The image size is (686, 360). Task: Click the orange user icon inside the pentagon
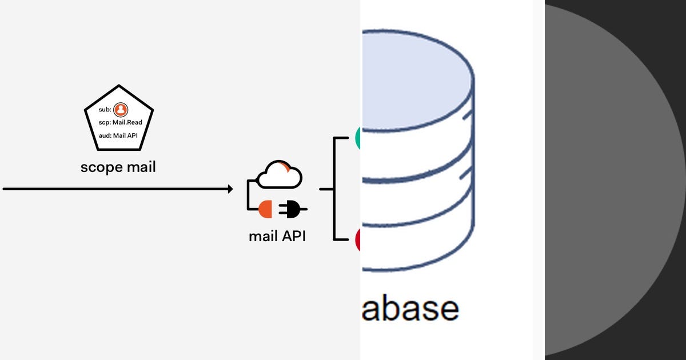(x=121, y=110)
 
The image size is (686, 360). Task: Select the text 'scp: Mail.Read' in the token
(x=120, y=122)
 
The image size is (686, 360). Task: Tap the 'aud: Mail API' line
(x=118, y=135)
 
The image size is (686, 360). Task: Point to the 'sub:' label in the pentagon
(x=105, y=110)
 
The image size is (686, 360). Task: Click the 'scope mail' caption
(x=118, y=167)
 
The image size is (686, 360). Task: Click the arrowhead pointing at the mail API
(x=230, y=189)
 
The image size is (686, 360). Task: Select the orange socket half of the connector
(x=266, y=209)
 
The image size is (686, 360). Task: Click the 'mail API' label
(x=277, y=235)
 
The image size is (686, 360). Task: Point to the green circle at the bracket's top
(x=358, y=138)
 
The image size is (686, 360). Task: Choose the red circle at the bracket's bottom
(x=358, y=239)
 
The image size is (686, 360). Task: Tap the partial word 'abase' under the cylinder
(x=410, y=309)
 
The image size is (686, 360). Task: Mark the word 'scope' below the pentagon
(x=101, y=168)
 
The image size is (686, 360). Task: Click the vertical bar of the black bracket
(x=334, y=189)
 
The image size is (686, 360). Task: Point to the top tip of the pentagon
(x=119, y=86)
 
